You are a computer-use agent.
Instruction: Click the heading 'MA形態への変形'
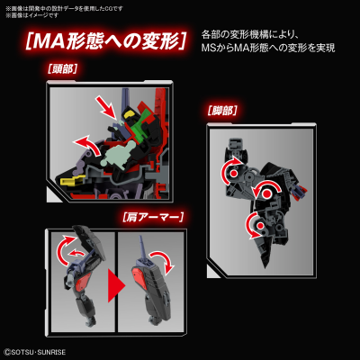pos(105,42)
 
